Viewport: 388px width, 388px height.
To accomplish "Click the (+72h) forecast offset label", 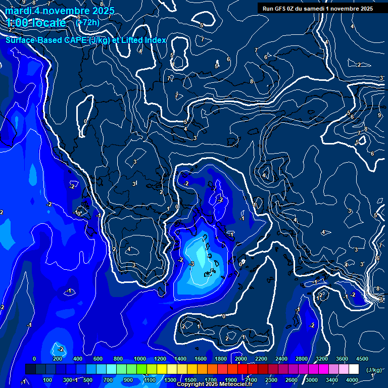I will click(87, 22).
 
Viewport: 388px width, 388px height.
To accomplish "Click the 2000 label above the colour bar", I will click(240, 359).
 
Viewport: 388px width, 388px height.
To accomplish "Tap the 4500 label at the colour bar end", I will click(362, 359).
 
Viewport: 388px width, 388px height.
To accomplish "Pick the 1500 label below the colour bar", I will click(190, 380).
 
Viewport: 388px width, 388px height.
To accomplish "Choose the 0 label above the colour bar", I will click(34, 359).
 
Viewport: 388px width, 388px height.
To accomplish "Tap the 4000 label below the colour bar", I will click(353, 380).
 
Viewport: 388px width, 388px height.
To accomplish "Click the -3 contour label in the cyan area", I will click(191, 264).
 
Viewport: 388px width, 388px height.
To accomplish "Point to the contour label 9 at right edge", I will click(379, 115).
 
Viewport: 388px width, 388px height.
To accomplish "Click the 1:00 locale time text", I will click(36, 23).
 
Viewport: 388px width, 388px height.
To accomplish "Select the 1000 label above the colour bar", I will click(139, 359).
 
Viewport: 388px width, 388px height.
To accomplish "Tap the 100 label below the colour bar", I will click(47, 380).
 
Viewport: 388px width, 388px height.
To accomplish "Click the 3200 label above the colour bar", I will click(322, 359).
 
